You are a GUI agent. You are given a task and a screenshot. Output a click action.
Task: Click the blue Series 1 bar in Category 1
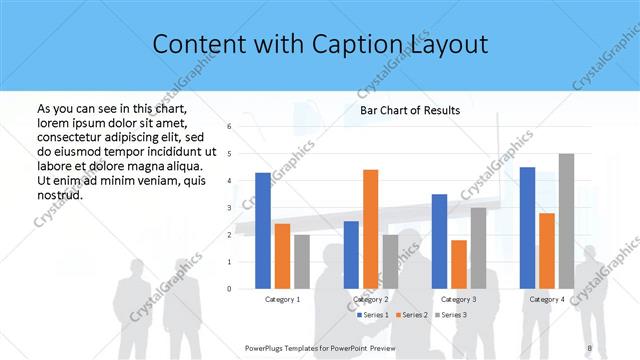(x=263, y=231)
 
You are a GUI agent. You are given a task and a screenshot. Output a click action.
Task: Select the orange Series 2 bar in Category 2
(x=370, y=229)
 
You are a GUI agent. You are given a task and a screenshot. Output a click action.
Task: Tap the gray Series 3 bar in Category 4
(x=566, y=221)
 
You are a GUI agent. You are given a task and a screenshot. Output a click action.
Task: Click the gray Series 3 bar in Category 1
(x=302, y=262)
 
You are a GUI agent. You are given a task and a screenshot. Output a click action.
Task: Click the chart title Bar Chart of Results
(x=410, y=110)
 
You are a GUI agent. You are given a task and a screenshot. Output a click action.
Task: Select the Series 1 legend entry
(x=376, y=315)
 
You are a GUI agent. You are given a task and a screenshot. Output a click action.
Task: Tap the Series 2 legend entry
(x=412, y=315)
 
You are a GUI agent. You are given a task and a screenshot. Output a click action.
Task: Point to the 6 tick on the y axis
(x=229, y=127)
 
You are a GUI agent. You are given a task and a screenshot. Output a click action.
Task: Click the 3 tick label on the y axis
(x=229, y=208)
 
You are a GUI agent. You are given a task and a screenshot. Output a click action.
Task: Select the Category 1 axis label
(x=283, y=299)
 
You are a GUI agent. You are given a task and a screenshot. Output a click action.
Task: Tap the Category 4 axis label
(x=546, y=299)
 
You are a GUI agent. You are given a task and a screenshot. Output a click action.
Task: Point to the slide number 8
(x=589, y=348)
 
